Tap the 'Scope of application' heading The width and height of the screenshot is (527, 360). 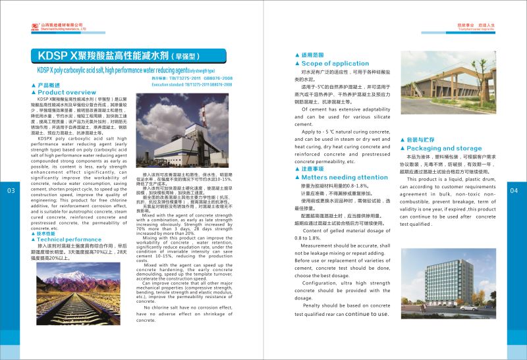(335, 63)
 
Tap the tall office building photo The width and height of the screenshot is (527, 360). (455, 280)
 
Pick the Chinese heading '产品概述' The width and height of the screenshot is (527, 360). (48, 86)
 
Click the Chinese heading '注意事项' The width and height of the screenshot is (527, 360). (315, 169)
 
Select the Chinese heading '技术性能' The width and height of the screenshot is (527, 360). (48, 233)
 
